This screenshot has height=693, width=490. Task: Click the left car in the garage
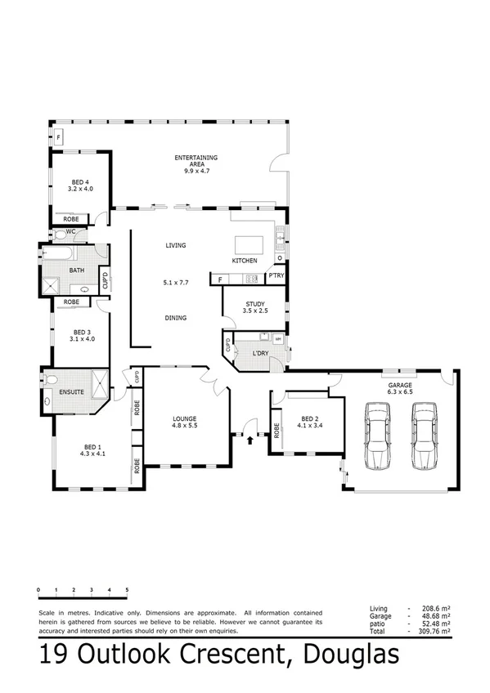(x=377, y=438)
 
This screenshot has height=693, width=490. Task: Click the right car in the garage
(x=424, y=438)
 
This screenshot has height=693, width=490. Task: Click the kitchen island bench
(x=249, y=245)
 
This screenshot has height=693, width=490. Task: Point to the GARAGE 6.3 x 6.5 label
(x=401, y=387)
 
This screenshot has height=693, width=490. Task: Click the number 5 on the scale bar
(x=127, y=590)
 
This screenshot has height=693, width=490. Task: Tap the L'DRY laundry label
(x=261, y=353)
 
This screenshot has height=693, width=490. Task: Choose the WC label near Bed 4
(x=71, y=231)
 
